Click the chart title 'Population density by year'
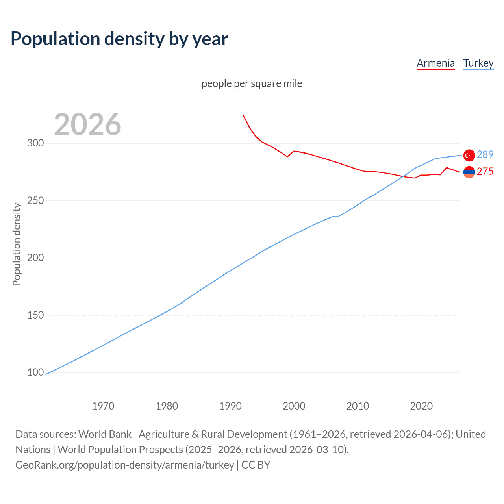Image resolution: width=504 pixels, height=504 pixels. click(x=119, y=39)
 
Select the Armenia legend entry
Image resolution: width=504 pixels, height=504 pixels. click(x=435, y=63)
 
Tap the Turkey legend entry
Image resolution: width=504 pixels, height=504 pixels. click(x=478, y=63)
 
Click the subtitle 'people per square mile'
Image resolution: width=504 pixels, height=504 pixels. click(x=252, y=83)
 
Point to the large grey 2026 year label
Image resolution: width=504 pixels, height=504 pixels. click(x=87, y=124)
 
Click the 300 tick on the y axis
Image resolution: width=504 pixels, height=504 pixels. click(x=35, y=143)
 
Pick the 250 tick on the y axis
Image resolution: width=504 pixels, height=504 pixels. click(x=35, y=200)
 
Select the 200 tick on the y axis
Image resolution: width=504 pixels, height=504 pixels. click(x=35, y=258)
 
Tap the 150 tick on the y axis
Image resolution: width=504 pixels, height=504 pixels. click(x=35, y=315)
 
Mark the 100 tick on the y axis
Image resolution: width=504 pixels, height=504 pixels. click(x=35, y=372)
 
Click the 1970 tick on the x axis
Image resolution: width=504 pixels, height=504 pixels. click(x=103, y=406)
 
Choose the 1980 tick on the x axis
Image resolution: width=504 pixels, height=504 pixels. click(x=167, y=406)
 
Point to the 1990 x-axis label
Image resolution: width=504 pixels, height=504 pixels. click(x=230, y=406)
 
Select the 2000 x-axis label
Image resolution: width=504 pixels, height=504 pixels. click(x=294, y=406)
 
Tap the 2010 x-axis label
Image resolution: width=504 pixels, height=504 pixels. click(x=358, y=406)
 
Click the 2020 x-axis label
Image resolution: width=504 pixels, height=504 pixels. click(x=421, y=406)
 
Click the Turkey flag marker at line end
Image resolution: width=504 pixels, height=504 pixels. click(x=469, y=156)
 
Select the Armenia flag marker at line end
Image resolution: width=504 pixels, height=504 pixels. click(x=469, y=172)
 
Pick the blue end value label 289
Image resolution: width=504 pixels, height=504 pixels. click(x=485, y=154)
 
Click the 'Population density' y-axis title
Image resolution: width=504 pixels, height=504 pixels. click(x=17, y=244)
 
